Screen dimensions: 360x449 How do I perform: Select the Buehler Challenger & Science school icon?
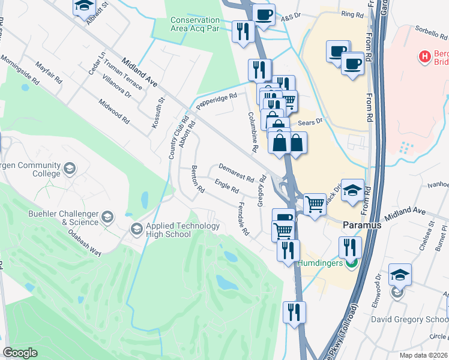click(x=107, y=217)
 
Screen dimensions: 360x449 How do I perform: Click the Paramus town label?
click(x=363, y=224)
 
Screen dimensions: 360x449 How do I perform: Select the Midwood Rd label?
click(x=114, y=112)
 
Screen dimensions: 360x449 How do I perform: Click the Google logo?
click(x=20, y=353)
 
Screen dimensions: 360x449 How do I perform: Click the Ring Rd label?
click(x=352, y=14)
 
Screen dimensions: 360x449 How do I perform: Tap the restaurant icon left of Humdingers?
click(x=288, y=249)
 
